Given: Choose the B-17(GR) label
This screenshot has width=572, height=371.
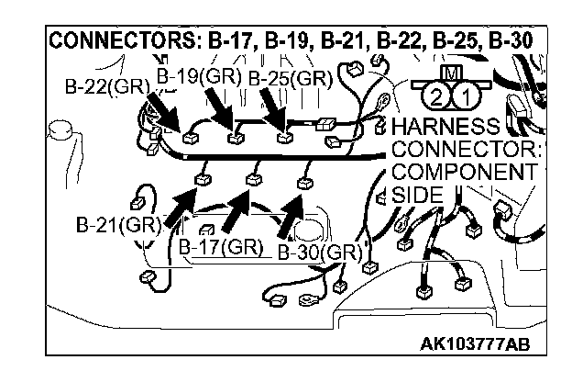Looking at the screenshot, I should click(219, 246).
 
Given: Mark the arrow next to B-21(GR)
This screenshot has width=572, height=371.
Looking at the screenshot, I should click(180, 207).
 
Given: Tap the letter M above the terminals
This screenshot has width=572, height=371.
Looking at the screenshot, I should click(449, 72).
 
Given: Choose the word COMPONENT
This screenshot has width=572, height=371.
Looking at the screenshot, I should click(464, 173).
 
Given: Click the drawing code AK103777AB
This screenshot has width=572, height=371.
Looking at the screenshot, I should click(475, 345).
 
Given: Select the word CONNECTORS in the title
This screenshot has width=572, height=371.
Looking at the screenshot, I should click(101, 42).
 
